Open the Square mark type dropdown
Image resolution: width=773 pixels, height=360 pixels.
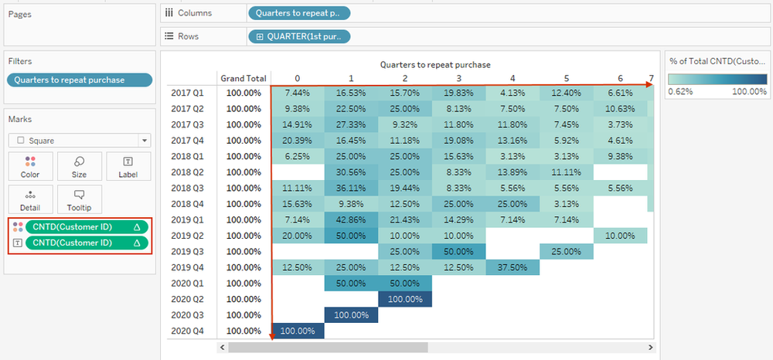[x=79, y=141]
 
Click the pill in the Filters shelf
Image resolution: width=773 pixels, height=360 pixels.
[x=79, y=80]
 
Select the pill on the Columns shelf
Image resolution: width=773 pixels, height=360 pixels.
[x=298, y=12]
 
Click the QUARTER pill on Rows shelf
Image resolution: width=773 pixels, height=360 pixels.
[x=298, y=36]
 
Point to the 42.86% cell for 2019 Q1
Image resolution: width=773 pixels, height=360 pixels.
[x=351, y=219]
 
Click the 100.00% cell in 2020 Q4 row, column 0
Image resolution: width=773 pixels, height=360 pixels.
[x=298, y=331]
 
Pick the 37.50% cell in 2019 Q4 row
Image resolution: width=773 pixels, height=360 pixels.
[x=512, y=267]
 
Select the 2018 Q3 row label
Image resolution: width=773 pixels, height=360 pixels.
[x=186, y=188]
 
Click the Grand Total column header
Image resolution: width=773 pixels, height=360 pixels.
[x=243, y=78]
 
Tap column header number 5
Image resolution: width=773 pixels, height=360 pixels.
[x=567, y=78]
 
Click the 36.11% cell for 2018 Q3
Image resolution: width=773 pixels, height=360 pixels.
[x=351, y=188]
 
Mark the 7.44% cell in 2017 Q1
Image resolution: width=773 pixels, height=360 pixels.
[x=298, y=92]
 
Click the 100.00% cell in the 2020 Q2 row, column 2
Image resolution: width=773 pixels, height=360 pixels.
[x=405, y=299]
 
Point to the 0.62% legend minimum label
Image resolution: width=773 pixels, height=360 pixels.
[x=681, y=90]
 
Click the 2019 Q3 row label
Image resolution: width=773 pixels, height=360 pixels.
[x=186, y=251]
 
